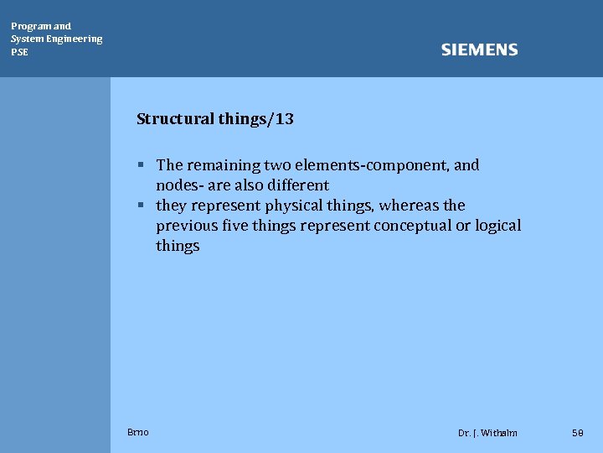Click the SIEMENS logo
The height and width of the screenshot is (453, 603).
479,50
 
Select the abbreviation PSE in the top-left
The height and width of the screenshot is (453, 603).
19,52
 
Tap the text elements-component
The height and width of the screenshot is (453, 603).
371,165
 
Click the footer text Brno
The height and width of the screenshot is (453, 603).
138,432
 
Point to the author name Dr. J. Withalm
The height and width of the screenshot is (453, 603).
487,433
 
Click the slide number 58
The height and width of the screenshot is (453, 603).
577,433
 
